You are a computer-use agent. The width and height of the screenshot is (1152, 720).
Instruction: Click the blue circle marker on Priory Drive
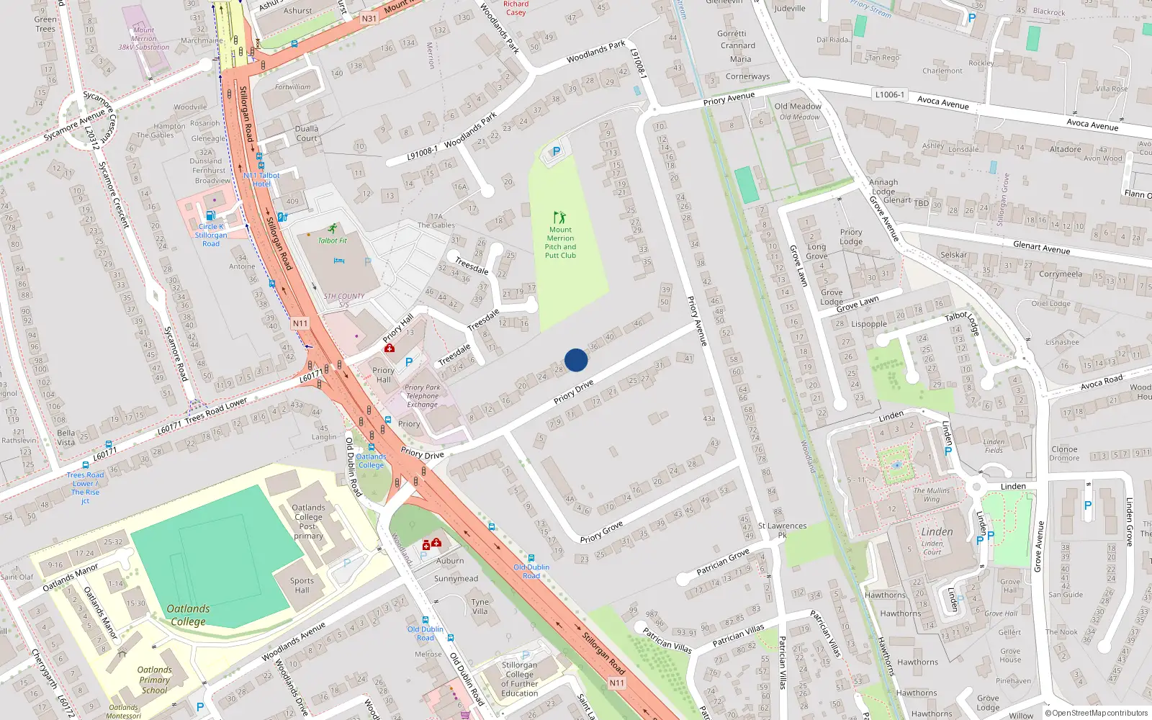[576, 360]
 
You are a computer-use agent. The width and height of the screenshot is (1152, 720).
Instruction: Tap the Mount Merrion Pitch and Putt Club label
[560, 243]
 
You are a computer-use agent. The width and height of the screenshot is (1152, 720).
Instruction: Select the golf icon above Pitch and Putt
[559, 217]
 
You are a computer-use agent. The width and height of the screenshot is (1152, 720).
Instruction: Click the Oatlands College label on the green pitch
[189, 615]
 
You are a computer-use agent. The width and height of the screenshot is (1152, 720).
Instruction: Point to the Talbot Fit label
[333, 240]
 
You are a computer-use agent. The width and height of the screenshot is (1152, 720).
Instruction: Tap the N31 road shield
[369, 18]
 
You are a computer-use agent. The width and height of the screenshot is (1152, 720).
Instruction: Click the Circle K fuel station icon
[210, 215]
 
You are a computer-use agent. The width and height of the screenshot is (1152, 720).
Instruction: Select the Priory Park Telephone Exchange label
[422, 396]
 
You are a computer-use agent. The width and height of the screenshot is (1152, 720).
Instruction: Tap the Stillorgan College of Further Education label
[519, 679]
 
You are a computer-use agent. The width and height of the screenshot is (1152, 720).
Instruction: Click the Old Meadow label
[798, 107]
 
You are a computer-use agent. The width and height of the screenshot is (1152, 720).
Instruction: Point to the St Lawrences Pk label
[782, 530]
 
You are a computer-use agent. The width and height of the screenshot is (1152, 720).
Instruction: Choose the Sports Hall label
[302, 585]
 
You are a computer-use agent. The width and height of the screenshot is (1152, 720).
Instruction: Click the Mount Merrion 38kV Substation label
[144, 39]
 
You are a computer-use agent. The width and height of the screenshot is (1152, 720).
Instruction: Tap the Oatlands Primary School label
[154, 680]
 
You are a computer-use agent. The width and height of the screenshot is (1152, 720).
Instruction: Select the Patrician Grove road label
[723, 562]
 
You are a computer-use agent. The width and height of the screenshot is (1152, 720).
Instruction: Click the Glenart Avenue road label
[1041, 247]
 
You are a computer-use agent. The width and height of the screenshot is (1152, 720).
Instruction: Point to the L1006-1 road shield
[890, 94]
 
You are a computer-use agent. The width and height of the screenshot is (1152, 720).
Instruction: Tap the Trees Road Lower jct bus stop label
[85, 487]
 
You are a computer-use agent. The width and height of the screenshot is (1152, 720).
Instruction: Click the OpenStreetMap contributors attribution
[1097, 713]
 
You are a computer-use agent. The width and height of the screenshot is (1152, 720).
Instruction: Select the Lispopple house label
[869, 324]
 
